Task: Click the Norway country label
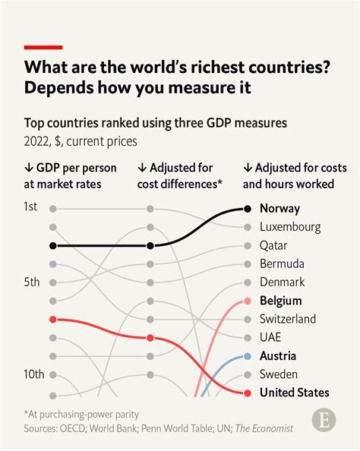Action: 279,208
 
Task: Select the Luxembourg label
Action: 289,226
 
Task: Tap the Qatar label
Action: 274,245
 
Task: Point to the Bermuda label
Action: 282,263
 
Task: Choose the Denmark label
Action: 282,282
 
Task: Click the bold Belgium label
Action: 280,301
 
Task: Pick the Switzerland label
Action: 287,319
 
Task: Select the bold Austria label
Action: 278,355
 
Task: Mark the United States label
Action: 294,393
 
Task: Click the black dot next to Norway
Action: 248,208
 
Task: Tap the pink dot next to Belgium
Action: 248,301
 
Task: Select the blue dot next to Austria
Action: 248,356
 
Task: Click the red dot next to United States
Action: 248,393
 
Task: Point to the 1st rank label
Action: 31,207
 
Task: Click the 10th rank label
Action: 33,374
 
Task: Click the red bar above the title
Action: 44,47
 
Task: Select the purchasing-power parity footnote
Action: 84,414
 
